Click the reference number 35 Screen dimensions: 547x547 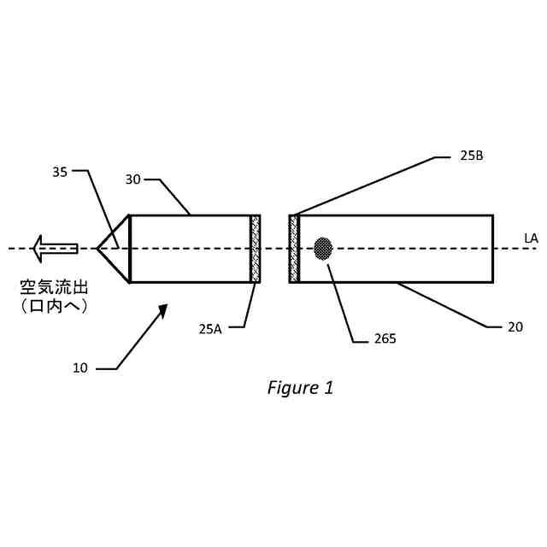(60, 172)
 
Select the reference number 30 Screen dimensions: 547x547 (133, 179)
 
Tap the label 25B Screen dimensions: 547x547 (472, 156)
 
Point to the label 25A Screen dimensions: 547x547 (210, 328)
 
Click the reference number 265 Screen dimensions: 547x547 (385, 338)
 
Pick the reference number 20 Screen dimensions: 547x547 (515, 326)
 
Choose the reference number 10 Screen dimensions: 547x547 (79, 368)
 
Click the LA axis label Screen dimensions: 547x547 (531, 238)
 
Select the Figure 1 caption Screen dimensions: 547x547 (300, 387)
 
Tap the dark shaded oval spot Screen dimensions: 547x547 (323, 249)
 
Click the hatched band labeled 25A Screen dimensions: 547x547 (255, 249)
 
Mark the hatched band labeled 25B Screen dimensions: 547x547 (294, 249)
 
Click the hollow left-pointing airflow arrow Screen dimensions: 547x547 (53, 249)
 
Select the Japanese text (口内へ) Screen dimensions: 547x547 (55, 305)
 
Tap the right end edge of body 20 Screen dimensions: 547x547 (492, 249)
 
